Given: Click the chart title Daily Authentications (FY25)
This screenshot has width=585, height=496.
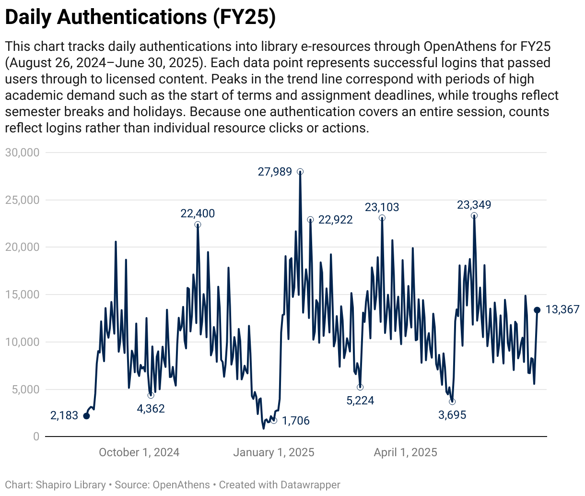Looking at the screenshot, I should tap(140, 17).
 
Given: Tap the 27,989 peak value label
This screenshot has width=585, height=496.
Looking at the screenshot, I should tap(275, 172).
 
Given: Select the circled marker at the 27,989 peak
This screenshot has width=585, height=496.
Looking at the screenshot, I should tap(300, 172).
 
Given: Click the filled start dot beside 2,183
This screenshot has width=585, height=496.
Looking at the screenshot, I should tap(86, 416).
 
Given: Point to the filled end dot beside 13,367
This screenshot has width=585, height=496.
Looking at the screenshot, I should tap(537, 310).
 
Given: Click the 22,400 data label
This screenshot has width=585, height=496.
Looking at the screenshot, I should tap(198, 213).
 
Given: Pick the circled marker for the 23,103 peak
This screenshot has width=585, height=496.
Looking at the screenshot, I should tap(382, 218).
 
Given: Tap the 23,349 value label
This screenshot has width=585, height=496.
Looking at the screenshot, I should tap(474, 205).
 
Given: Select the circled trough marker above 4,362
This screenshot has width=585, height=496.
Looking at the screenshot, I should tap(151, 395).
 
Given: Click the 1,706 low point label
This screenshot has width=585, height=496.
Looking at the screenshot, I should tap(295, 421).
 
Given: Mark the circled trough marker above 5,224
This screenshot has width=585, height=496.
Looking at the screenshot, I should tap(360, 387).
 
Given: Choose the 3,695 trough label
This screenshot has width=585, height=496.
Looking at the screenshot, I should tap(452, 415).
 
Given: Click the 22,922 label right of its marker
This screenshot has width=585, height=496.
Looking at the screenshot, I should tap(335, 220).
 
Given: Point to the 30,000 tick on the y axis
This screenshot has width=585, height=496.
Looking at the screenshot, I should tap(22, 153).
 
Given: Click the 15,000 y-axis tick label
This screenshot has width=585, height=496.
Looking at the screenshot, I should tap(22, 295).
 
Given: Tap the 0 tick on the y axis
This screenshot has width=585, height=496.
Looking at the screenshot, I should tap(36, 437).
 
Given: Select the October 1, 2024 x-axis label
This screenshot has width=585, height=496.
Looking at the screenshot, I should tap(139, 452).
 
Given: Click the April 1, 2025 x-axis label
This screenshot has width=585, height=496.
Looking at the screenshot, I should tap(405, 452).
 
